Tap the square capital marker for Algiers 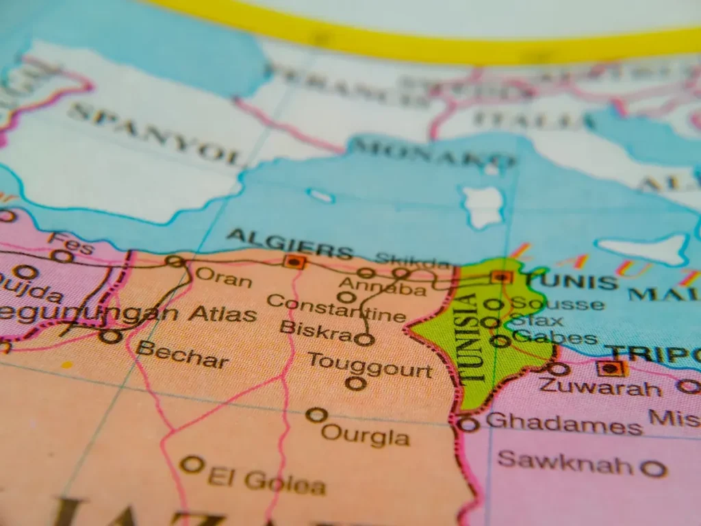pyautogui.click(x=295, y=261)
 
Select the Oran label pyautogui.click(x=224, y=277)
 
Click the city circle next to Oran pyautogui.click(x=175, y=261)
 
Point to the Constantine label pyautogui.click(x=335, y=308)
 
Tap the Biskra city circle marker pyautogui.click(x=365, y=339)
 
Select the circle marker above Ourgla pyautogui.click(x=316, y=415)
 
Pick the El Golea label pyautogui.click(x=266, y=481)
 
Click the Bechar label pyautogui.click(x=182, y=354)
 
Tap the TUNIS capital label pyautogui.click(x=572, y=281)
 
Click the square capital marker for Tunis pyautogui.click(x=502, y=277)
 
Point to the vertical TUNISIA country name pyautogui.click(x=471, y=338)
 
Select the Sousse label pyautogui.click(x=558, y=303)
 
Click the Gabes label pyautogui.click(x=555, y=338)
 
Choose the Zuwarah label pyautogui.click(x=600, y=387)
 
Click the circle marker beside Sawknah pyautogui.click(x=654, y=469)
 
